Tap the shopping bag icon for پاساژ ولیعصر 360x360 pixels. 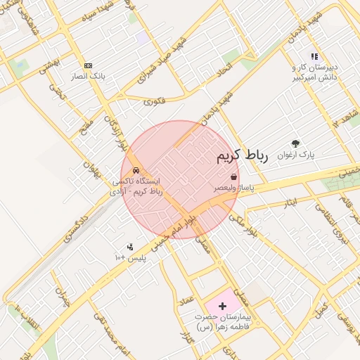(x=233, y=178)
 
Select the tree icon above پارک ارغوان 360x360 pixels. (x=295, y=143)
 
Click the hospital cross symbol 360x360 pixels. (x=223, y=306)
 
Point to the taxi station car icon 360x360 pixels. (x=136, y=170)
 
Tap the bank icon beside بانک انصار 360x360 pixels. (x=88, y=65)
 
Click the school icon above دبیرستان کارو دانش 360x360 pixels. (x=314, y=57)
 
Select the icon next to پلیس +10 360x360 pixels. (x=130, y=247)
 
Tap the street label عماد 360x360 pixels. (x=186, y=300)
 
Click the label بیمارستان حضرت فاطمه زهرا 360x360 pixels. (x=226, y=323)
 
